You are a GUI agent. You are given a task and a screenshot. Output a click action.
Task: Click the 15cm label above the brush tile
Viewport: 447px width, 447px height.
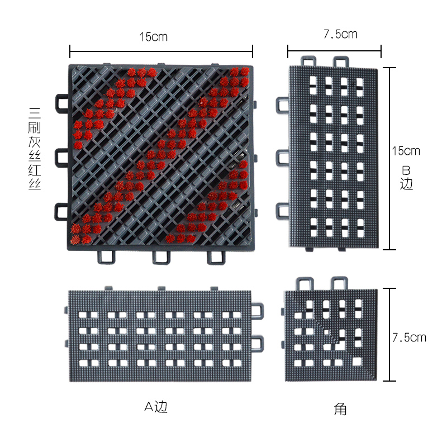[x=153, y=37]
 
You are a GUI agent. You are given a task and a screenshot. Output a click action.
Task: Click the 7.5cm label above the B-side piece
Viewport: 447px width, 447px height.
[x=340, y=34]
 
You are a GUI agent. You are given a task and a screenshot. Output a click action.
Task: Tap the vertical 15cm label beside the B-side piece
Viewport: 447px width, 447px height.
[x=406, y=151]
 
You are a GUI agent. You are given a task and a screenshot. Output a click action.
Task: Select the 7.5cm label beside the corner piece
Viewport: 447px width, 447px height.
[x=409, y=337]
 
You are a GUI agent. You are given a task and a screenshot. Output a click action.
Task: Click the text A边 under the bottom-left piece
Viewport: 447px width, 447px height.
[x=156, y=407]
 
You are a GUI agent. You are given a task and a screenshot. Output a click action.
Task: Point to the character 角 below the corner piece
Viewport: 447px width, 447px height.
[x=340, y=410]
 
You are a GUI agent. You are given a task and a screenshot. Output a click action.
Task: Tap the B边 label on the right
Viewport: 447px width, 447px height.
[x=406, y=178]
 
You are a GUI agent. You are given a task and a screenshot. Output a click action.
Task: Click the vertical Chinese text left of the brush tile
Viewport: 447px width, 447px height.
[x=35, y=149]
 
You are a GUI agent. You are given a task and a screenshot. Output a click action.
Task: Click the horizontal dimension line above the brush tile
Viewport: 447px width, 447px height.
[x=161, y=51]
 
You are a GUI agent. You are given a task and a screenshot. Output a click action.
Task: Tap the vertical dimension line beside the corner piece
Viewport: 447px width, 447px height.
[x=389, y=334]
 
